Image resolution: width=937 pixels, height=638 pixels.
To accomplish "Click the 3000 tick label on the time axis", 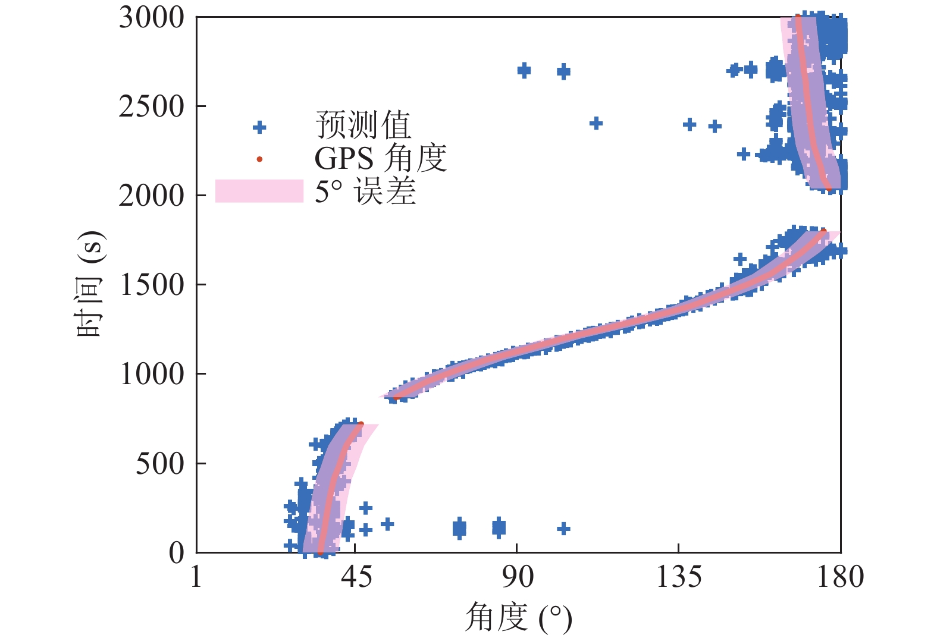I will tap(152, 18).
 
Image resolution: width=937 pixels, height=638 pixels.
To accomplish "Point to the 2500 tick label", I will tap(152, 107).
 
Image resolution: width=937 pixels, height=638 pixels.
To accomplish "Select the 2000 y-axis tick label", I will tap(152, 196).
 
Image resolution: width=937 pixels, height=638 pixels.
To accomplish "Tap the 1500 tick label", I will tap(152, 285).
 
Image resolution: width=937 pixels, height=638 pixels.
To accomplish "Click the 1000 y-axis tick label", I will tap(152, 374).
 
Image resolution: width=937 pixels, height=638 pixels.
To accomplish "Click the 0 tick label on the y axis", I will tap(177, 553).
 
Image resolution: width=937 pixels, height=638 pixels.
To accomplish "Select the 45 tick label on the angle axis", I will tap(356, 577).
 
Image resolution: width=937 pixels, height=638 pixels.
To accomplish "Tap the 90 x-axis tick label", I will tap(517, 577).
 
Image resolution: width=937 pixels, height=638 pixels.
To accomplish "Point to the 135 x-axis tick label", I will tap(678, 577).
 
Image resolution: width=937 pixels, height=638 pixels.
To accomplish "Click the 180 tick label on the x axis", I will tap(840, 577).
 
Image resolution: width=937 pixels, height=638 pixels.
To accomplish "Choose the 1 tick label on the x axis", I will tap(197, 577).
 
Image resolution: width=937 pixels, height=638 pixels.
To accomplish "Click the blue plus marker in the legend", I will tap(259, 127).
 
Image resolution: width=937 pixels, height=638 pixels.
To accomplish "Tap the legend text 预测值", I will tap(363, 125).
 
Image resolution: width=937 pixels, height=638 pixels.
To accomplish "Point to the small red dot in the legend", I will tap(259, 159).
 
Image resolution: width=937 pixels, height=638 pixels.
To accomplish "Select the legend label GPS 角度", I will tap(380, 159).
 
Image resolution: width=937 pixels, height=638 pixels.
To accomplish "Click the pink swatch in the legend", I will tap(259, 191).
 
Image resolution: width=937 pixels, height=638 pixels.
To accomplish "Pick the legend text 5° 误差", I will tap(365, 191).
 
